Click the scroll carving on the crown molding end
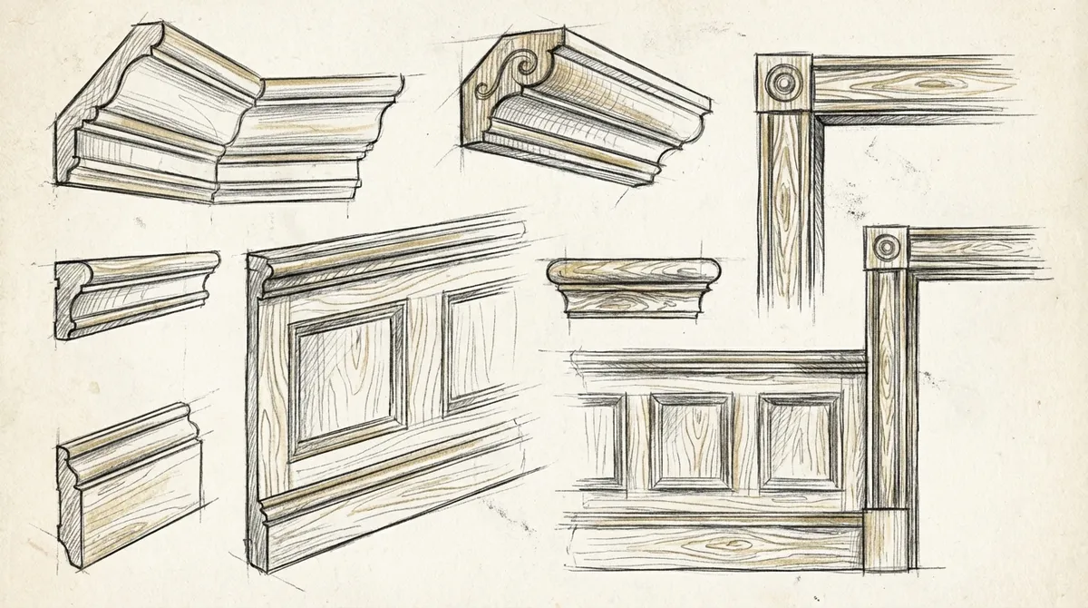[x=498, y=75]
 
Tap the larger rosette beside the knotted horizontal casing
[x=783, y=83]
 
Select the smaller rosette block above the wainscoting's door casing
[x=886, y=247]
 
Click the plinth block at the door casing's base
[x=886, y=541]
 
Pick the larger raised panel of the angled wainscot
[x=346, y=379]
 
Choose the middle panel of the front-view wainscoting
[x=691, y=441]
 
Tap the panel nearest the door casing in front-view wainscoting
[x=799, y=441]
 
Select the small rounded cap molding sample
[x=633, y=286]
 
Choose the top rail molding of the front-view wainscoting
[x=716, y=363]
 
